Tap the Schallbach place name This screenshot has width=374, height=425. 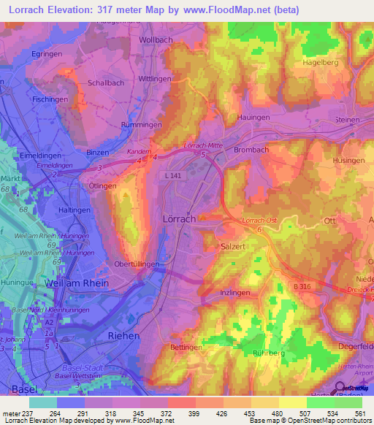[106, 83]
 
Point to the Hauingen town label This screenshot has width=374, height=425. [253, 117]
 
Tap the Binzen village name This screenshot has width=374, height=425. [97, 152]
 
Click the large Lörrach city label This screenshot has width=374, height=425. [179, 219]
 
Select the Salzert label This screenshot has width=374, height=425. [234, 248]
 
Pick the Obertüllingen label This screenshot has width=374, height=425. [137, 264]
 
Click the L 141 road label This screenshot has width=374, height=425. [173, 175]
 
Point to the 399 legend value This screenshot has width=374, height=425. [195, 413]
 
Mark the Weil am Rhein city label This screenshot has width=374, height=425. [77, 283]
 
